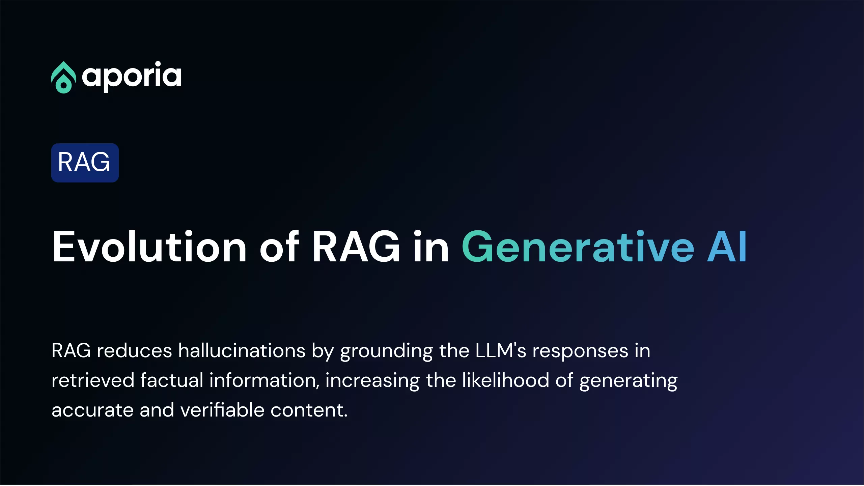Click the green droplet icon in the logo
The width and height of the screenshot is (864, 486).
click(63, 77)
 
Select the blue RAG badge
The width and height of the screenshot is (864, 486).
click(85, 163)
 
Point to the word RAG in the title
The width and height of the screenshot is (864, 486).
click(356, 247)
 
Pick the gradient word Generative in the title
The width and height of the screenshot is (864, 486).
click(578, 247)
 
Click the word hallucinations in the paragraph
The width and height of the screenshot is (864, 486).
click(242, 350)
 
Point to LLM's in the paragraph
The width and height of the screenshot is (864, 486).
click(501, 350)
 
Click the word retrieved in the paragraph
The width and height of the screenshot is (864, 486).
click(93, 380)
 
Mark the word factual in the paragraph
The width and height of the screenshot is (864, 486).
click(172, 380)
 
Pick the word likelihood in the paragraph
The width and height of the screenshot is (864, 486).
click(506, 380)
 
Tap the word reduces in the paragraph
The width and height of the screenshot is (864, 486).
click(135, 351)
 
